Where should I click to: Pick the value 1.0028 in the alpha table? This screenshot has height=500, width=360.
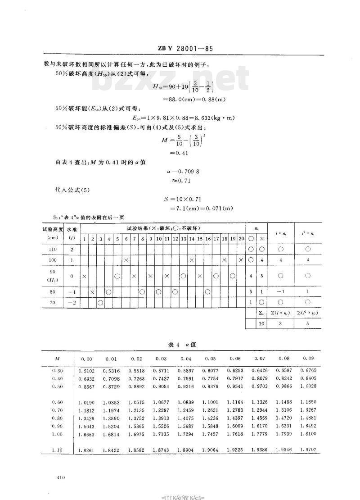pyautogui.click(x=308, y=386)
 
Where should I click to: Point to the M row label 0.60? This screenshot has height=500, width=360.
pyautogui.click(x=57, y=402)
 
